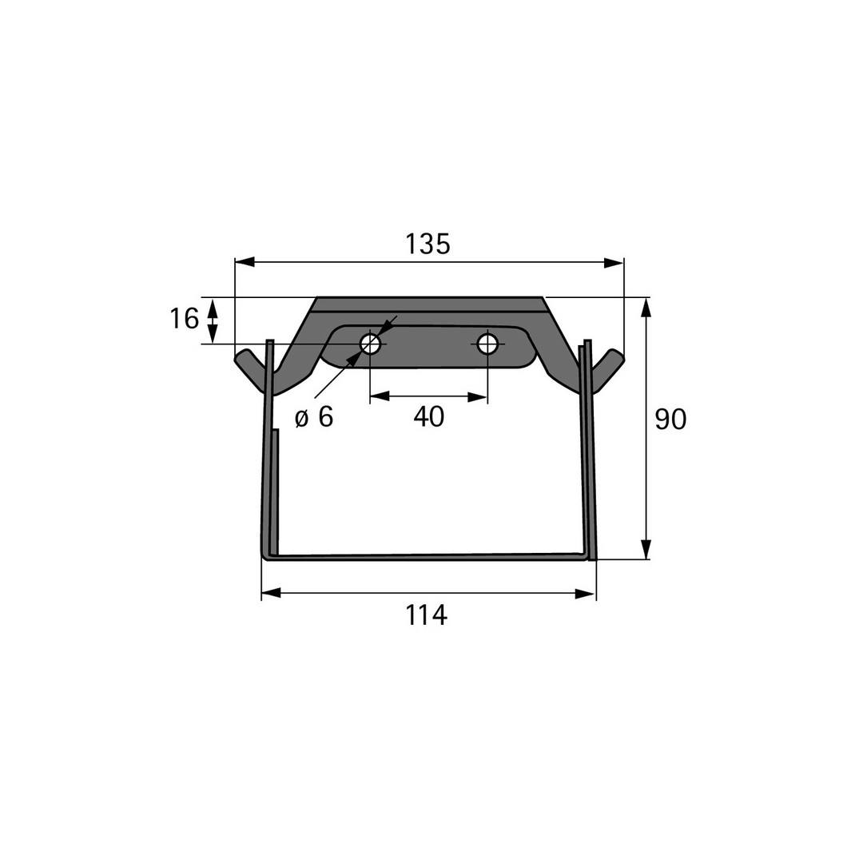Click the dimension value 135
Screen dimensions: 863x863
click(x=428, y=244)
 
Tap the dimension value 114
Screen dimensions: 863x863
click(x=426, y=614)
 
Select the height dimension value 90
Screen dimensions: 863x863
click(x=670, y=419)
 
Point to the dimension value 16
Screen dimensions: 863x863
click(x=184, y=319)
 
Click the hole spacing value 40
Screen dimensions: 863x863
click(x=429, y=416)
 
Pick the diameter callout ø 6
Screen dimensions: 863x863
click(x=314, y=417)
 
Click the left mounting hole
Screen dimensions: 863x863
click(x=371, y=344)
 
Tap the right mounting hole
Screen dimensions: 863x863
click(x=487, y=344)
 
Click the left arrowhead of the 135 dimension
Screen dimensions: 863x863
click(x=245, y=263)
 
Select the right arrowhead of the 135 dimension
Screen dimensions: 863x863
click(x=614, y=263)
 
